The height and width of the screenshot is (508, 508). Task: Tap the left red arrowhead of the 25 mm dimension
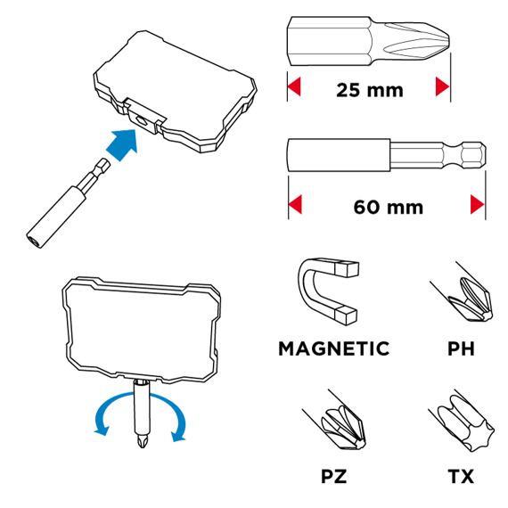tap(295, 87)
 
